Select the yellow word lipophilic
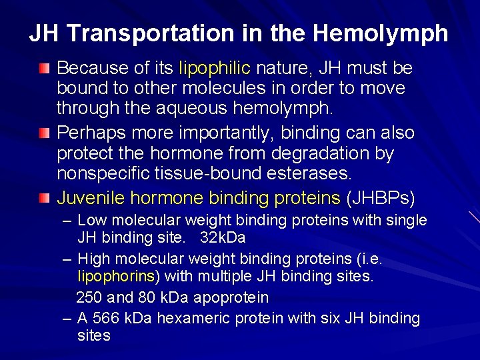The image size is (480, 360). (215, 68)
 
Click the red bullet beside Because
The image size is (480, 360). (44, 68)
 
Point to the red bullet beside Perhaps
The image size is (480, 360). (44, 133)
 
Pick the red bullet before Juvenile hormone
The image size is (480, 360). (44, 198)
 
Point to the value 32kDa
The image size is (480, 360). (223, 236)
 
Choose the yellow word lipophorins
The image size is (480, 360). (119, 275)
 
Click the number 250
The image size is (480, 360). (90, 297)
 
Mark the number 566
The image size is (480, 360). (105, 319)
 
